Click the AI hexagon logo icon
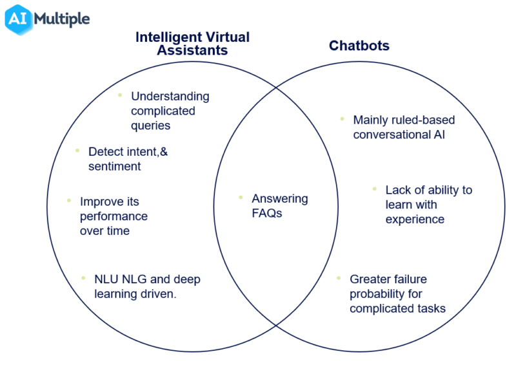click(x=17, y=19)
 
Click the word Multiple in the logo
click(x=61, y=18)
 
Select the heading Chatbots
click(x=359, y=46)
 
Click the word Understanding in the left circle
click(x=170, y=97)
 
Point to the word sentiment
click(x=114, y=166)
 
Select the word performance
click(x=114, y=216)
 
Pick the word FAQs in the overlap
click(x=266, y=214)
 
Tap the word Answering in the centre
click(x=279, y=199)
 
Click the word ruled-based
click(x=421, y=120)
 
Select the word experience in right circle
click(x=415, y=220)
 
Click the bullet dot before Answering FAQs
click(x=241, y=198)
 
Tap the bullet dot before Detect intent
click(x=77, y=151)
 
